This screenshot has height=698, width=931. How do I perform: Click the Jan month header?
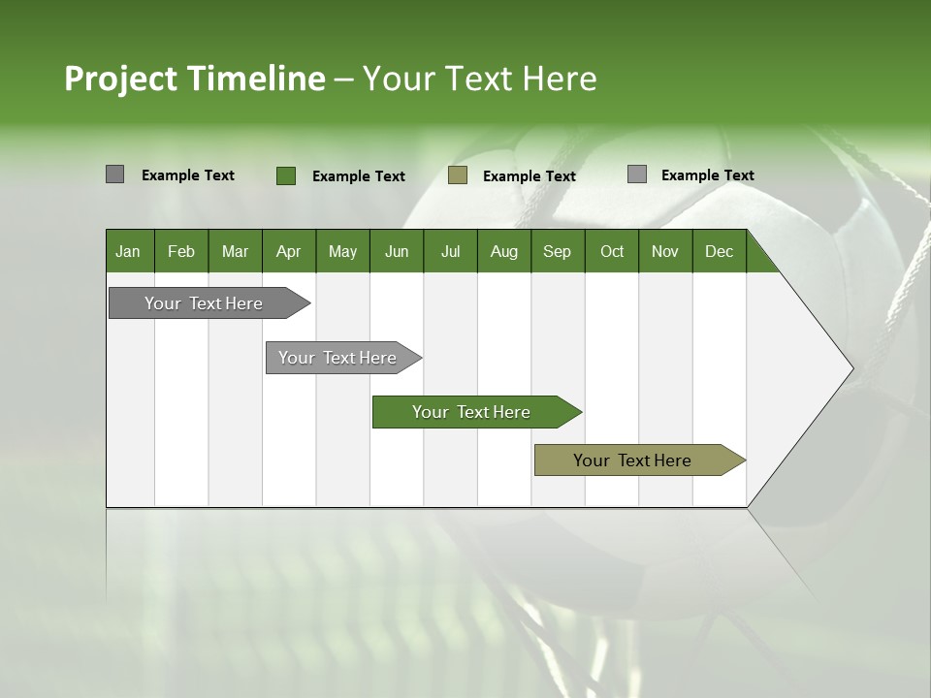[128, 252]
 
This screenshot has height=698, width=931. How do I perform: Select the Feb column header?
[181, 252]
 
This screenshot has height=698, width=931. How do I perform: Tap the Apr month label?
[288, 252]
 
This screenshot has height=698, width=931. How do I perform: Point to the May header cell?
[342, 252]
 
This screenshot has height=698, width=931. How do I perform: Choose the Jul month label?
[450, 252]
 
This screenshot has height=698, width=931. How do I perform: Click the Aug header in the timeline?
[504, 252]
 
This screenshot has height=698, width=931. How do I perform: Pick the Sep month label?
[557, 252]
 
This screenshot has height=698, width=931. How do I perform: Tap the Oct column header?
[612, 252]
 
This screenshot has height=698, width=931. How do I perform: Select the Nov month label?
[665, 252]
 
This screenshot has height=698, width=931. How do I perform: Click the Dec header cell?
[719, 252]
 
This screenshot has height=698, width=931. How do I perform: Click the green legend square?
[285, 175]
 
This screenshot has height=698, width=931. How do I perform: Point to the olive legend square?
[458, 174]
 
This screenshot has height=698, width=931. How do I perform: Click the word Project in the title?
[121, 79]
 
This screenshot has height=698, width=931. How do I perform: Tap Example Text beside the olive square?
[529, 176]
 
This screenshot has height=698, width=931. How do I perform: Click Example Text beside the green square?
[358, 176]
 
